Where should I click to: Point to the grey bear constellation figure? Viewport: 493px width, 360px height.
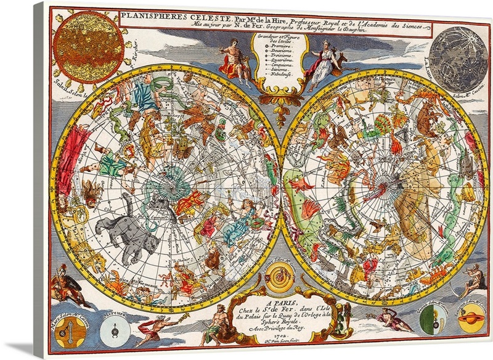(x=132, y=223)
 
